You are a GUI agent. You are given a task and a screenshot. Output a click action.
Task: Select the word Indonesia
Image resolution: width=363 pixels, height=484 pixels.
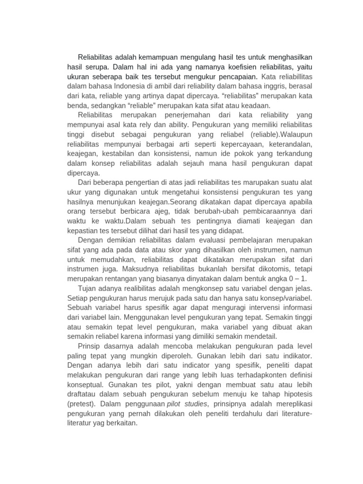pyautogui.click(x=136, y=86)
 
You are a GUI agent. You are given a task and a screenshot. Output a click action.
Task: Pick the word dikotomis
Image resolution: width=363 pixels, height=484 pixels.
pyautogui.click(x=275, y=269)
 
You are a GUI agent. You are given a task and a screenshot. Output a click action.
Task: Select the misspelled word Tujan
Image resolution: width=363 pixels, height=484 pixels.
pyautogui.click(x=87, y=288)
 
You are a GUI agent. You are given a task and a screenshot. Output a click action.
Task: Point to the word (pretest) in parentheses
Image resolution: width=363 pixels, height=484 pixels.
pyautogui.click(x=82, y=404)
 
